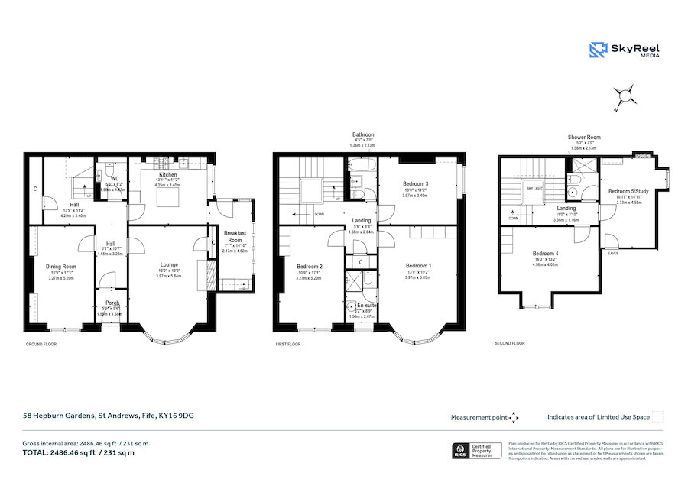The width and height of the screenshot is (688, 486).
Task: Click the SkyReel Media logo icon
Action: pos(598,50)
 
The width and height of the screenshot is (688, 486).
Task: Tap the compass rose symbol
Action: pos(625,96)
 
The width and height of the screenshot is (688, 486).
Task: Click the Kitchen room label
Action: pos(167,175)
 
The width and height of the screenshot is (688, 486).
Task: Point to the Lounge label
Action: pos(167,265)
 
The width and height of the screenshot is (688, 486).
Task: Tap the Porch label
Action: pos(112,303)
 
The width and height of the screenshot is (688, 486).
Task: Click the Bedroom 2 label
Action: pos(310,266)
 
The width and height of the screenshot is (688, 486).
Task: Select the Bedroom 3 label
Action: pos(416,184)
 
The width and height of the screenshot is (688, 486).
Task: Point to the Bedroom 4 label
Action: pos(545,254)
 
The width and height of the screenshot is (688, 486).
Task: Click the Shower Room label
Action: pos(583,138)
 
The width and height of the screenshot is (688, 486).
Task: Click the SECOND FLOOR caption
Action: pos(511,344)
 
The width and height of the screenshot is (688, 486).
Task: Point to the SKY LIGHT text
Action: pos(533,185)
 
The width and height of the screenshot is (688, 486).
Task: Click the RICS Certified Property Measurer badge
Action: pos(477,451)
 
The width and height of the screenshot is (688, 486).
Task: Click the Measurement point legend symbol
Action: pos(514,417)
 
